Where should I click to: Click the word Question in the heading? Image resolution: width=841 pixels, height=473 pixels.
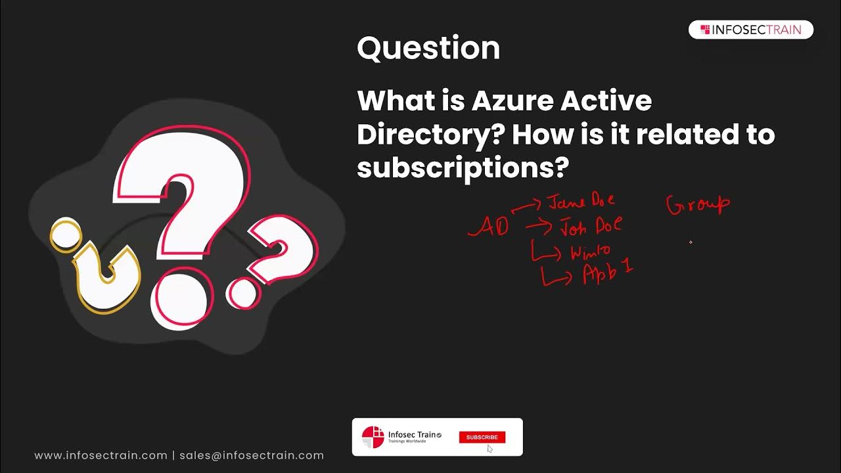coord(428,48)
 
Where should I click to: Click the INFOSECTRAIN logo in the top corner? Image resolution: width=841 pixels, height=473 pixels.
coord(750,30)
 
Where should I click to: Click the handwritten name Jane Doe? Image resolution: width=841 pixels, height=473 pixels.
coord(581,201)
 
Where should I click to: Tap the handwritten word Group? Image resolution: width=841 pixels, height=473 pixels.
coord(698,204)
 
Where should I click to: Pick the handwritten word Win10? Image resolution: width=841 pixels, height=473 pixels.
coord(590,252)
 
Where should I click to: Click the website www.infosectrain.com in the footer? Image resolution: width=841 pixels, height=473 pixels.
coord(101,455)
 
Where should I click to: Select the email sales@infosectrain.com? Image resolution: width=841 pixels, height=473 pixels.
coord(252,455)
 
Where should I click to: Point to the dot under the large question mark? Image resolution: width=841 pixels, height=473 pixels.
coord(182,298)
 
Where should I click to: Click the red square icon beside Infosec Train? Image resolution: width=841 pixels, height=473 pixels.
coord(373,437)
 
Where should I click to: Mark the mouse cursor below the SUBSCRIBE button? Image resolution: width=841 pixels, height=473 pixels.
coord(489,449)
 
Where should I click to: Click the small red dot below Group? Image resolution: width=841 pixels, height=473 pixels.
coord(691,242)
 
